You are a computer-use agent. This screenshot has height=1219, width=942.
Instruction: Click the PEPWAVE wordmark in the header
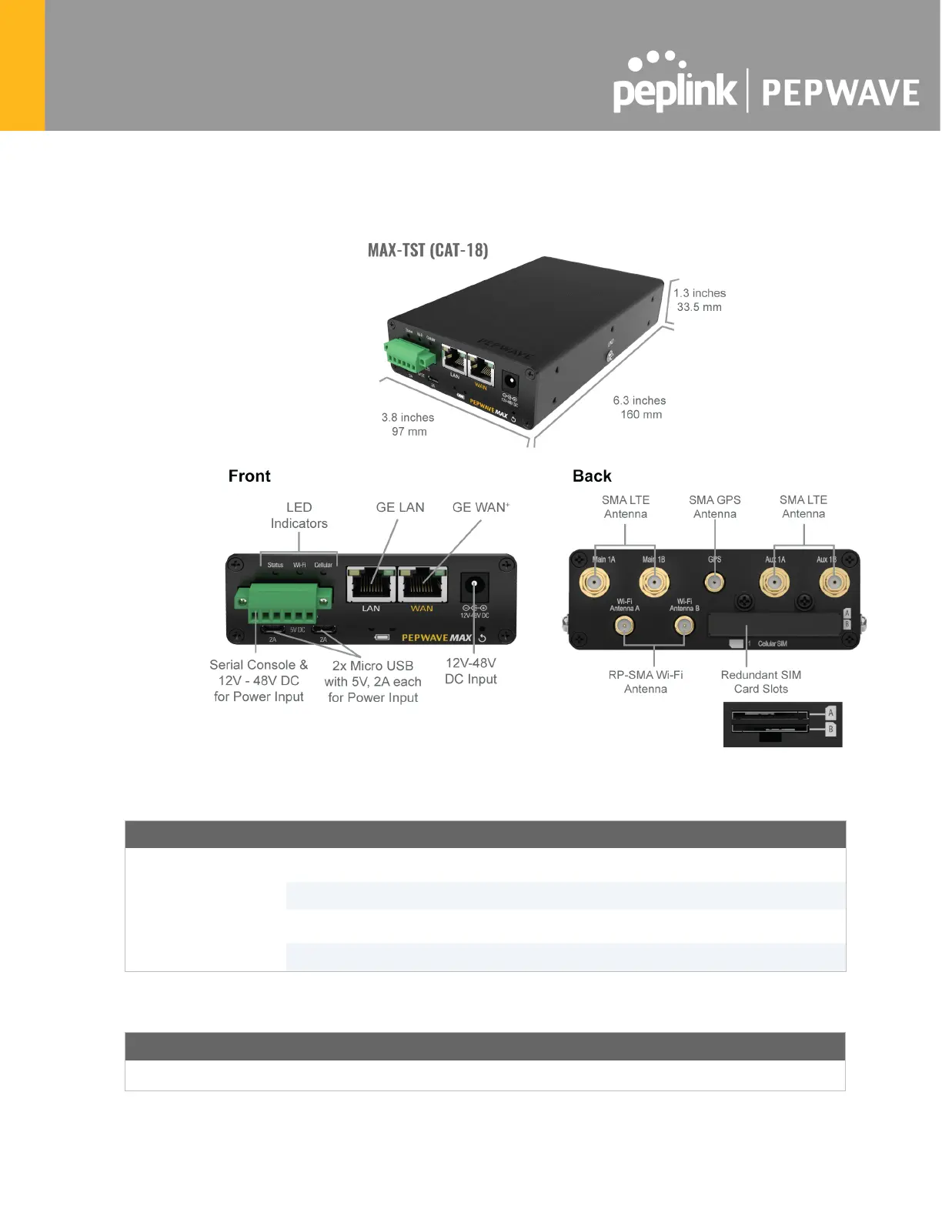840,93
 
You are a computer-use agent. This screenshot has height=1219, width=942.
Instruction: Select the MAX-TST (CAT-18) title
427,250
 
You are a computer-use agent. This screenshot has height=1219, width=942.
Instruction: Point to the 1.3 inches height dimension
699,299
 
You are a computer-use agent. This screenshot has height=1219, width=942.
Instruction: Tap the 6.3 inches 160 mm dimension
640,407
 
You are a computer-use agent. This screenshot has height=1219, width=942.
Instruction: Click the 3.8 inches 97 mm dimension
408,424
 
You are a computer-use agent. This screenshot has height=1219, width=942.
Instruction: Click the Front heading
249,476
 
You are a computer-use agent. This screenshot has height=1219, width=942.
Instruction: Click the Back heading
592,476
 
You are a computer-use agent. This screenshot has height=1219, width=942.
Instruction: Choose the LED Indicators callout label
299,515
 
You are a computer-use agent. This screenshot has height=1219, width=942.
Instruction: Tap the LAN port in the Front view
372,586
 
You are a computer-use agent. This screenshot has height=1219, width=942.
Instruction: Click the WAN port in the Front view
423,586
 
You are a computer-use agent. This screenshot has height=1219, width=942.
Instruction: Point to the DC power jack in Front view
475,589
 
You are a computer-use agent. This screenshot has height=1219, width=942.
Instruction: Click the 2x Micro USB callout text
373,681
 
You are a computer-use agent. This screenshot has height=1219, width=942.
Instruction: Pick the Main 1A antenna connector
594,583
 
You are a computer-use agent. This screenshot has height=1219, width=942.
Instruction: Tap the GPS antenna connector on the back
715,582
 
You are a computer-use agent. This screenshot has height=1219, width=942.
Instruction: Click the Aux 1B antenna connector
833,583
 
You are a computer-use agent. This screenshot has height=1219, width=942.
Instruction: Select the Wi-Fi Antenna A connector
624,626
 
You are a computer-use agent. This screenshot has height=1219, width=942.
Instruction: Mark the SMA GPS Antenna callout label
714,506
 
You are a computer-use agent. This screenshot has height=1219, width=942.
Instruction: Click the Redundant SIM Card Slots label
760,682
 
